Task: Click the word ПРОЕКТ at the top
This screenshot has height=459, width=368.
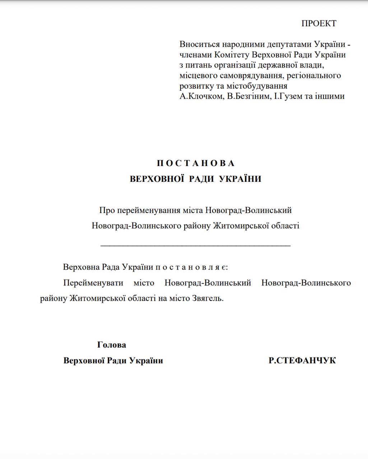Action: coord(318,24)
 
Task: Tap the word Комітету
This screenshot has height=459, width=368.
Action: coord(232,55)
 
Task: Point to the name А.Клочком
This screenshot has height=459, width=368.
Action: coord(201,96)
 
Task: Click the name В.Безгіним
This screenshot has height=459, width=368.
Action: coord(248,96)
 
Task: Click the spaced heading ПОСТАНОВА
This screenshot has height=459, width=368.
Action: coord(196,164)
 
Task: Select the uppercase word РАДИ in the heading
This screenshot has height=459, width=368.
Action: coord(204,179)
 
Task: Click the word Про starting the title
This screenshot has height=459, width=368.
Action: coord(107,210)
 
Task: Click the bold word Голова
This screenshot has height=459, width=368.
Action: coord(112,345)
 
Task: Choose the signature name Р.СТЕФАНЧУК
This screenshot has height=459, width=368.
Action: coord(302,361)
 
